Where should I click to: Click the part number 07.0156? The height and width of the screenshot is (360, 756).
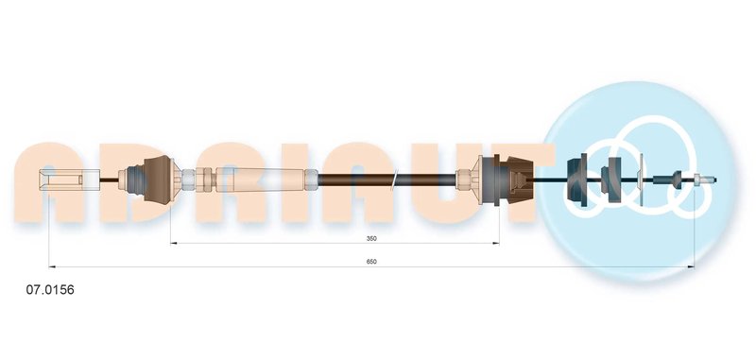(50, 290)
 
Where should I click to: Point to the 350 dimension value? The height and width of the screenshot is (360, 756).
(371, 238)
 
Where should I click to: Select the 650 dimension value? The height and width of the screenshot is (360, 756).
(371, 262)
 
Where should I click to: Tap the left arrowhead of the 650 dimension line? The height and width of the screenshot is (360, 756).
(52, 266)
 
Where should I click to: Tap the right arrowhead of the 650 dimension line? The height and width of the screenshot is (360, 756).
(691, 266)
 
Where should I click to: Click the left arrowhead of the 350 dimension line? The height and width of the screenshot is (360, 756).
(174, 243)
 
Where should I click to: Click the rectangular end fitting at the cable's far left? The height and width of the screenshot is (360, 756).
(69, 180)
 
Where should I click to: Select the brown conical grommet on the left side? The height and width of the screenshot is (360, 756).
(158, 180)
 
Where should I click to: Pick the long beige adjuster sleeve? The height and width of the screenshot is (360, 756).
(261, 180)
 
